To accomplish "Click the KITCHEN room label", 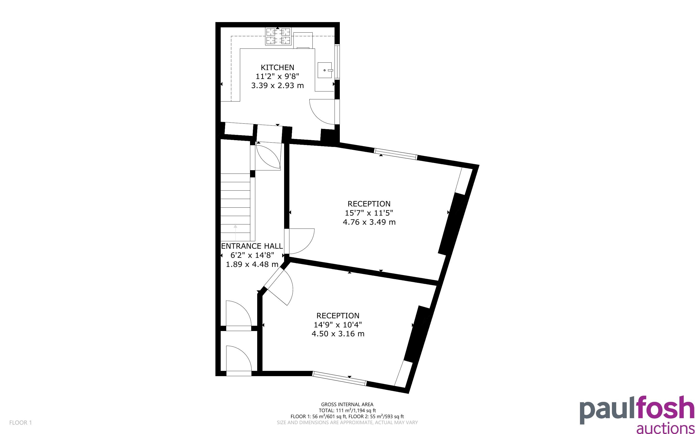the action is (x=277, y=67).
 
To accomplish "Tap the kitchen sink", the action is (x=325, y=70).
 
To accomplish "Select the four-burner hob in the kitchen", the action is (x=278, y=36).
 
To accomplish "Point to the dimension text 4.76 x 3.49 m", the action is (x=369, y=222).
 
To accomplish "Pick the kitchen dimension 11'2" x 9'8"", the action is (x=277, y=76).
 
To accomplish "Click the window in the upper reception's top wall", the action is (x=396, y=154).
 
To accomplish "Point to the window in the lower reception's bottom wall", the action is (x=339, y=379).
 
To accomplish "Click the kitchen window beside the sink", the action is (x=337, y=62).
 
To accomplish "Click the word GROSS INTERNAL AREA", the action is (x=347, y=405).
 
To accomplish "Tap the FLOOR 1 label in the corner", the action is (x=21, y=422).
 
